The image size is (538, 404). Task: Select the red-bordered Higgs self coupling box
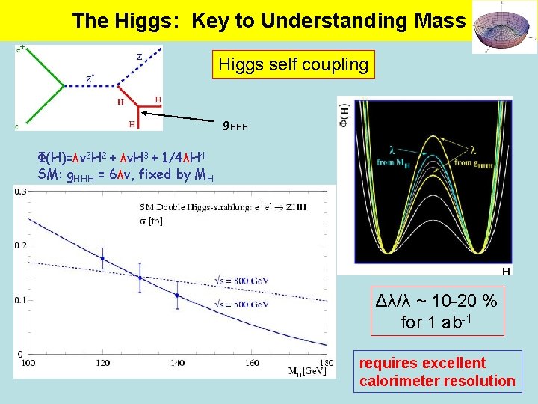293,65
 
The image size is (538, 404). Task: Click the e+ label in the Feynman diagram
21,49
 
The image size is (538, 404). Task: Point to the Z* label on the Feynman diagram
89,79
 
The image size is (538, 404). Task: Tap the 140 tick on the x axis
176,363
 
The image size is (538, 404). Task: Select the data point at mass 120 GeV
102,258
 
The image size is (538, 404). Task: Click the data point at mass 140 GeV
176,295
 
